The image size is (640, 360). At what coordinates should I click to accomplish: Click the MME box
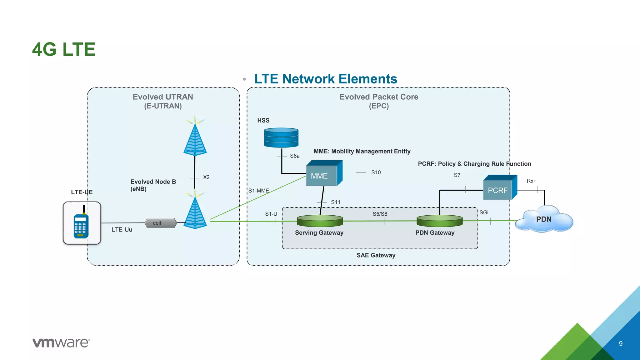click(324, 174)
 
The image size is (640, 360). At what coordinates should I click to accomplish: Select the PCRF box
click(499, 188)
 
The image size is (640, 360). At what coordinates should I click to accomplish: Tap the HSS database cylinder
click(281, 137)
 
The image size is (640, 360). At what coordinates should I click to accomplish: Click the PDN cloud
click(544, 219)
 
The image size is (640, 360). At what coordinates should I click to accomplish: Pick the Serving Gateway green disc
click(320, 221)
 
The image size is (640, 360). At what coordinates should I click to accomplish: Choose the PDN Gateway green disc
click(439, 221)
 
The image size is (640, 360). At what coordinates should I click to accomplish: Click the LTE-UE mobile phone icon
click(82, 223)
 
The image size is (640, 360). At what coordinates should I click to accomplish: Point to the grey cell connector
click(161, 223)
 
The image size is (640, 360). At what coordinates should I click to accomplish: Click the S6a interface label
click(295, 156)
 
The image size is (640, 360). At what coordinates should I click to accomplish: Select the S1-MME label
click(258, 191)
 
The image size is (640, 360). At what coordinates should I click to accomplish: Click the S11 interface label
click(336, 202)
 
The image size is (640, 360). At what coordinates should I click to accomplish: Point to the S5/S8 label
click(380, 214)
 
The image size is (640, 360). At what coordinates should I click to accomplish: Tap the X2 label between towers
click(206, 177)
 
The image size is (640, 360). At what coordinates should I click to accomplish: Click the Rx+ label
click(531, 181)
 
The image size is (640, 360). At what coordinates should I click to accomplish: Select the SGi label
click(484, 212)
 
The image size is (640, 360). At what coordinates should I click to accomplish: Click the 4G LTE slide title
click(64, 49)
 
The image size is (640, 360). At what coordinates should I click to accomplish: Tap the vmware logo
click(61, 342)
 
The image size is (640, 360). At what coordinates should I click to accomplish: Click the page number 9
click(621, 343)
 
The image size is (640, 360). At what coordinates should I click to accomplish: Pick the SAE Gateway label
click(376, 255)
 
